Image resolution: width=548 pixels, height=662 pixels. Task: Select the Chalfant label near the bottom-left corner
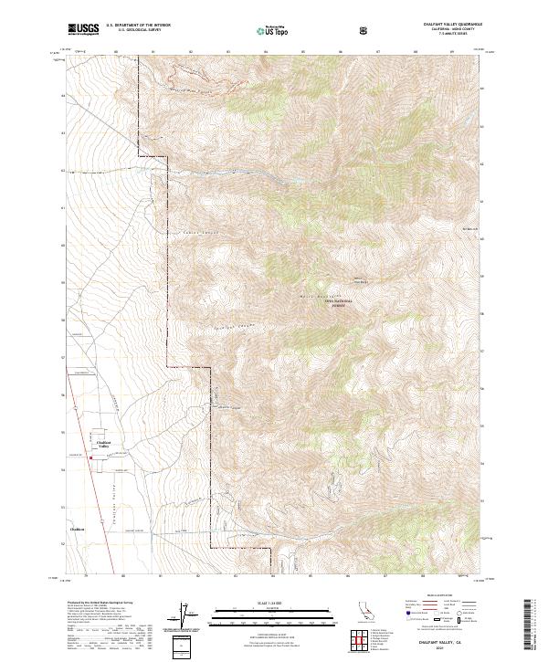coord(77,528)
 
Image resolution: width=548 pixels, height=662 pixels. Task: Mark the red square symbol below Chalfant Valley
coord(90,457)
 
